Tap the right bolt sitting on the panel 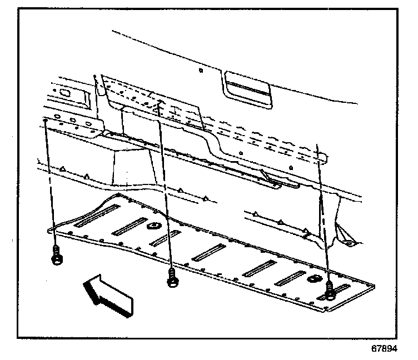pyautogui.click(x=331, y=290)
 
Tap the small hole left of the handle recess pyautogui.click(x=200, y=71)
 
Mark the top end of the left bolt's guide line pyautogui.click(x=44, y=119)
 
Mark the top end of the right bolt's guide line pyautogui.click(x=318, y=146)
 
